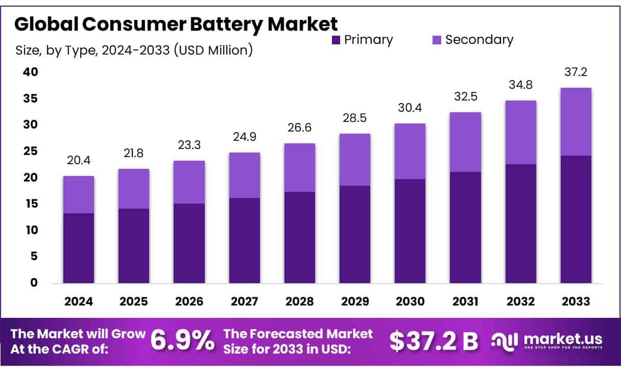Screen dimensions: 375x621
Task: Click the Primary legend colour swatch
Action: click(x=336, y=40)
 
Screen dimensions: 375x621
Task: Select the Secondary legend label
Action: click(x=479, y=40)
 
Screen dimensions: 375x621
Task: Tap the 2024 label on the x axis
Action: click(x=79, y=302)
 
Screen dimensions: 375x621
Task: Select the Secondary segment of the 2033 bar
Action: click(x=576, y=121)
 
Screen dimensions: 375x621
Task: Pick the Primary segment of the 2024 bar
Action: click(x=79, y=248)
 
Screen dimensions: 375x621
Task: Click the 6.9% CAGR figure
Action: click(x=183, y=341)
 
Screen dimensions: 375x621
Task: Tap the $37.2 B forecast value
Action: click(x=434, y=341)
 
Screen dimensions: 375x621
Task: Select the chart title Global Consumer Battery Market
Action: click(x=176, y=24)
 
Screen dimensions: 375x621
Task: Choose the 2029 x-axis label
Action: click(x=355, y=302)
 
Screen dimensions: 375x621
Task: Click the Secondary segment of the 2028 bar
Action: click(x=300, y=167)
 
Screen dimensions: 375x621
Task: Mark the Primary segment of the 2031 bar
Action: click(x=465, y=227)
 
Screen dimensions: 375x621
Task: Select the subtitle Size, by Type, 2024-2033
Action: click(x=134, y=51)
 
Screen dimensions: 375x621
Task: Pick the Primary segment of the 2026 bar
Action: click(x=189, y=243)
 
